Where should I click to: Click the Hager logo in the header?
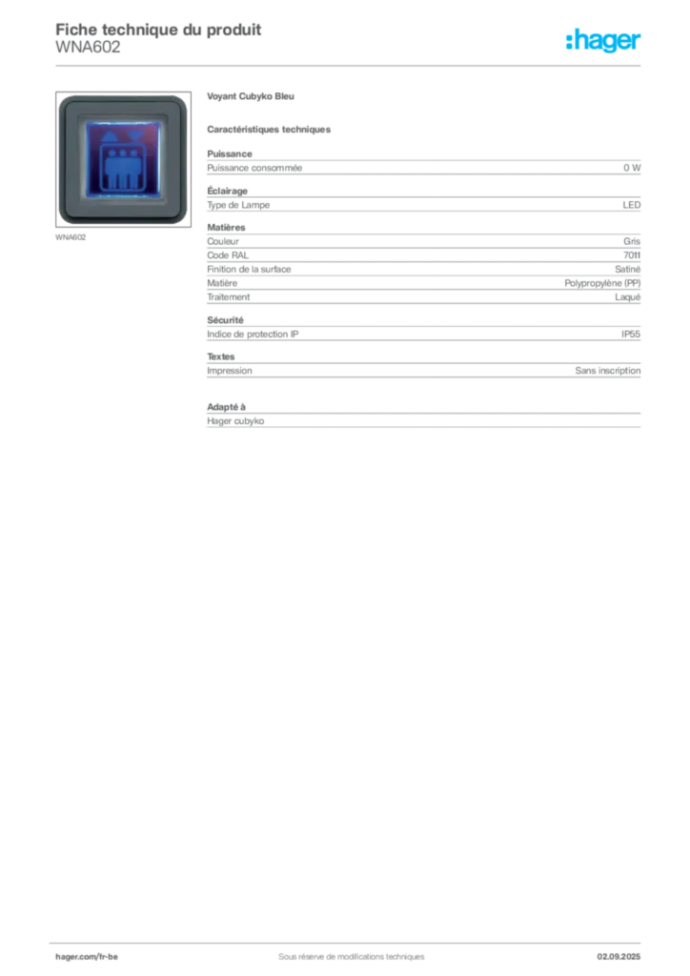tap(603, 41)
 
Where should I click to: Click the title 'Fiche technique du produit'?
tap(158, 30)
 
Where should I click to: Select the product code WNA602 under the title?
tap(88, 48)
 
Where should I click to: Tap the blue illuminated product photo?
tap(123, 159)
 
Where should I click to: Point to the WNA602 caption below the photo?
tap(71, 237)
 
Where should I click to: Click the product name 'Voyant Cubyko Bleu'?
tap(250, 96)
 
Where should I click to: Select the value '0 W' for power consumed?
tap(632, 168)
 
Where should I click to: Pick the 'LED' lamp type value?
tap(632, 205)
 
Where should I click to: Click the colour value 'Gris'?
tap(632, 241)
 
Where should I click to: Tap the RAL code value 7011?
tap(632, 255)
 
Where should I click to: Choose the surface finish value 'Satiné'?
tap(627, 270)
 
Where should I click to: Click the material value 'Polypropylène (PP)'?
tap(602, 283)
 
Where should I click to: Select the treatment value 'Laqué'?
tap(627, 297)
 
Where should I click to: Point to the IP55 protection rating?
tap(631, 335)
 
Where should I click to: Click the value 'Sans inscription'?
tap(608, 371)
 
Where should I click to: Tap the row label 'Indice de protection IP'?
tap(253, 335)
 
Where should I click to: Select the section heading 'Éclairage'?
tap(227, 191)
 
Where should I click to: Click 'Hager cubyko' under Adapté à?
tap(235, 421)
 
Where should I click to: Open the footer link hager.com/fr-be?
tap(87, 957)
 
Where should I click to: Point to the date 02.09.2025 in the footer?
tap(619, 957)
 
